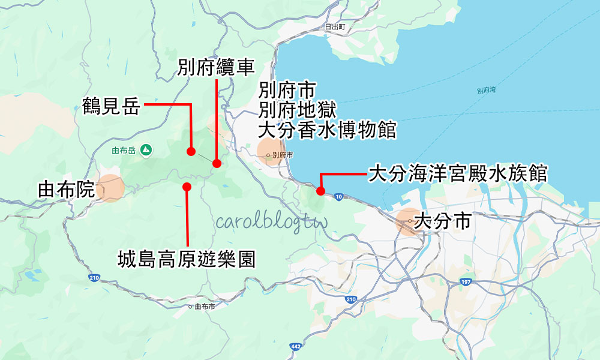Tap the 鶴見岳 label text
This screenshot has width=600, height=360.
111,107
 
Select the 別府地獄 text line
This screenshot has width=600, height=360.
298,110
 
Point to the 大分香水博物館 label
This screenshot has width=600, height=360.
328,129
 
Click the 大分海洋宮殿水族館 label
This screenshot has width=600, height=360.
457,174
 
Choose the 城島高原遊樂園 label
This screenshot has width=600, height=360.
187,259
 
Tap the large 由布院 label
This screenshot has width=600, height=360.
66,190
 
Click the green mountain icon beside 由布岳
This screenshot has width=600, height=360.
145,149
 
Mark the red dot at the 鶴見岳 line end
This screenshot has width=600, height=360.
191,151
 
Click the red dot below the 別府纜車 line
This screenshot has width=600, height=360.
217,163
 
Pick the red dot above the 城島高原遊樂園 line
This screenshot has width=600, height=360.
187,187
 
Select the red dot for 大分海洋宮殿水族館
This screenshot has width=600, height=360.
320,191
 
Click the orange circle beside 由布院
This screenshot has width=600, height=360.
111,188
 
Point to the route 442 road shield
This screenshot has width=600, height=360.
295,346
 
